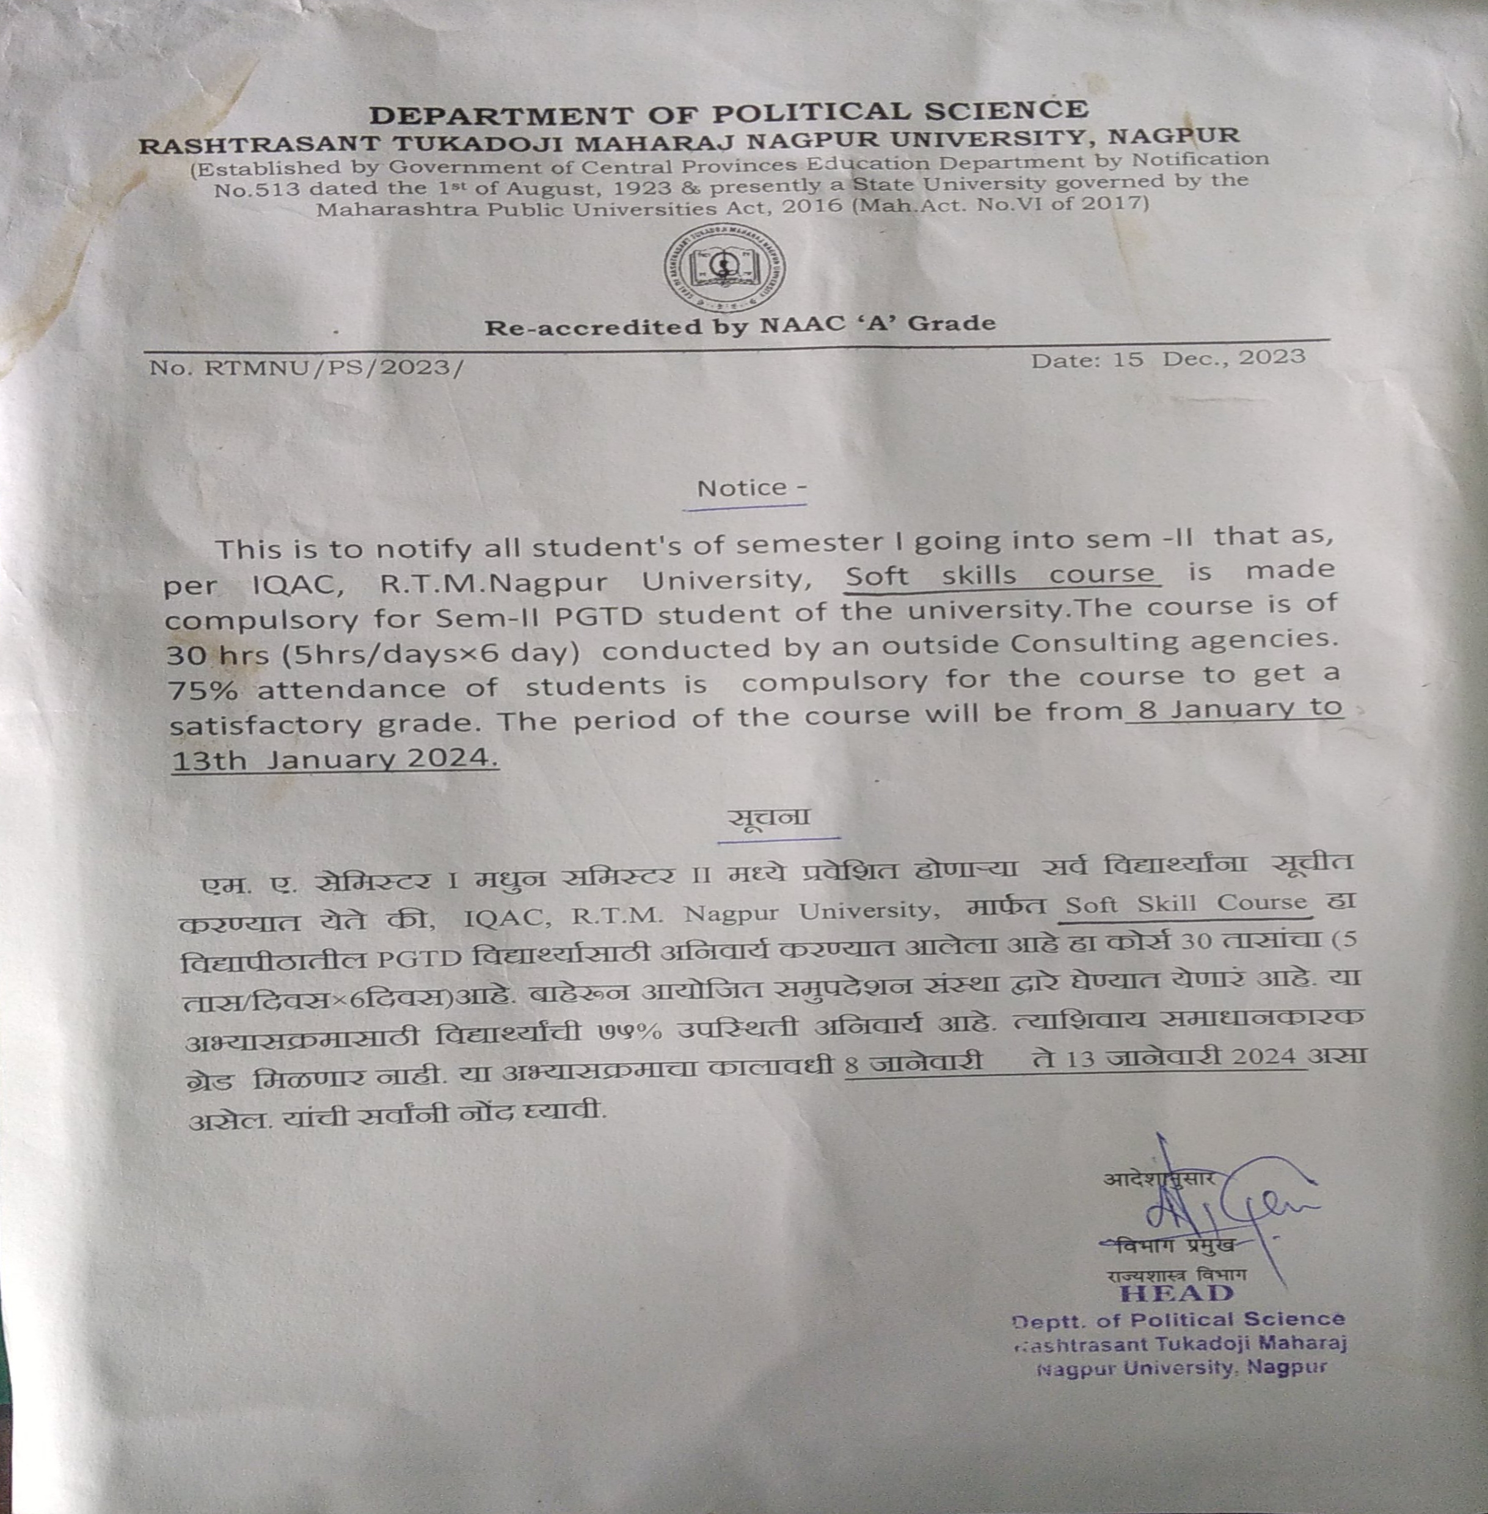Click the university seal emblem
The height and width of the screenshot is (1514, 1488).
click(x=724, y=268)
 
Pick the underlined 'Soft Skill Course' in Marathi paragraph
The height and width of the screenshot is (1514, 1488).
click(x=1185, y=904)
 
